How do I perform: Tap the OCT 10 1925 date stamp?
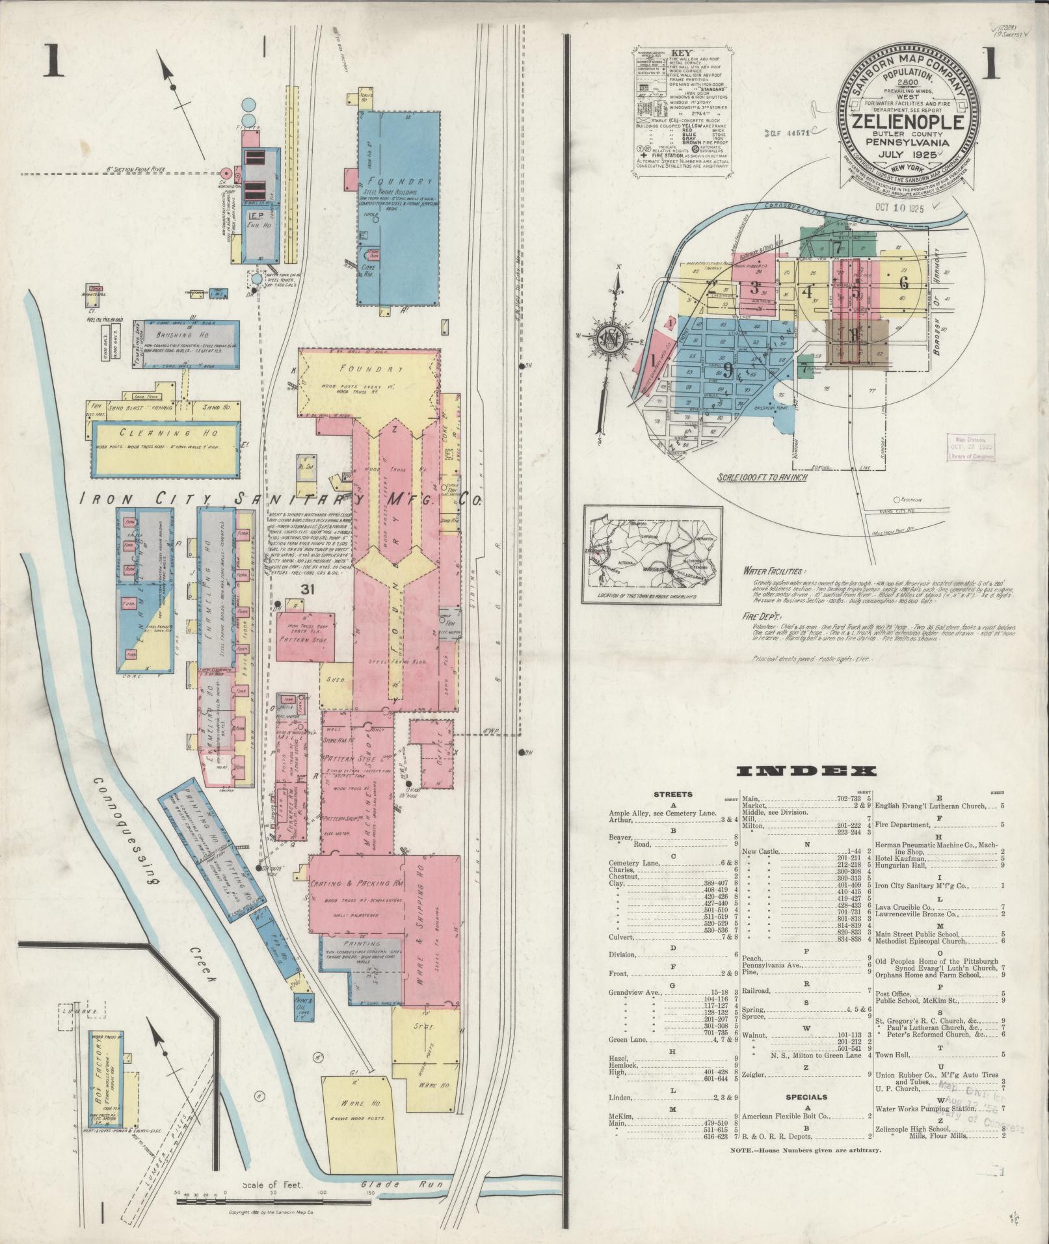899,209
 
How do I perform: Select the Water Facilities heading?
773,570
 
